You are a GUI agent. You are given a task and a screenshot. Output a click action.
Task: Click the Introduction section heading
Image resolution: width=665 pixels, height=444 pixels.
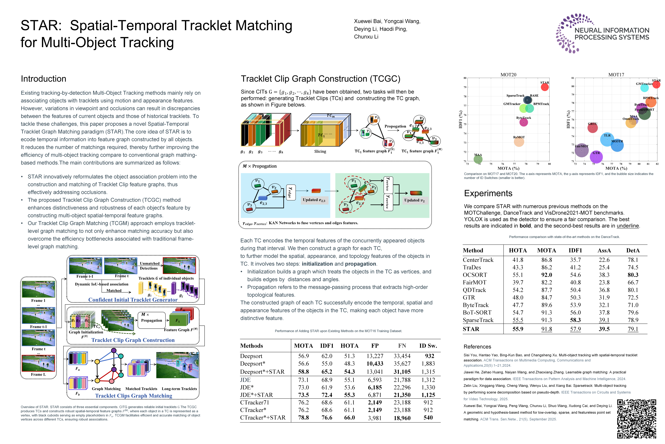44,79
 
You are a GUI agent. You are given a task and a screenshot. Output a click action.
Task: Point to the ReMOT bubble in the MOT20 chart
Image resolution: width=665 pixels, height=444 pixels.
519,142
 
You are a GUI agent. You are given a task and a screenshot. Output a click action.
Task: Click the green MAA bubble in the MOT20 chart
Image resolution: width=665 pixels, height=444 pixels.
478,159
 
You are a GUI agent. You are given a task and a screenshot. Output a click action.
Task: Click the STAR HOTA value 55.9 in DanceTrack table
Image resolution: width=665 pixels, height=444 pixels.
518,329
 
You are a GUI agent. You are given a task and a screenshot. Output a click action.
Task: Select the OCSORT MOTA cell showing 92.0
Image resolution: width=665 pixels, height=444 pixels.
546,275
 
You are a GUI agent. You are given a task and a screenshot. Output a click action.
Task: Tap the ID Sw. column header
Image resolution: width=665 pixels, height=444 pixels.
428,346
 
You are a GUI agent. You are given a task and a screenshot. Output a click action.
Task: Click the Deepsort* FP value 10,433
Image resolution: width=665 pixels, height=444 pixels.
375,364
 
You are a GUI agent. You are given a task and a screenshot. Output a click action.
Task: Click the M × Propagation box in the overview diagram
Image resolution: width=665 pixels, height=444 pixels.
151,320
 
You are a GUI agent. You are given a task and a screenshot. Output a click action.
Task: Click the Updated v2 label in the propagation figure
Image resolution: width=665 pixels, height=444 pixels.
414,200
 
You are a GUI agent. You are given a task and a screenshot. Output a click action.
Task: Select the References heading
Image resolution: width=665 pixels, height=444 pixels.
477,347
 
